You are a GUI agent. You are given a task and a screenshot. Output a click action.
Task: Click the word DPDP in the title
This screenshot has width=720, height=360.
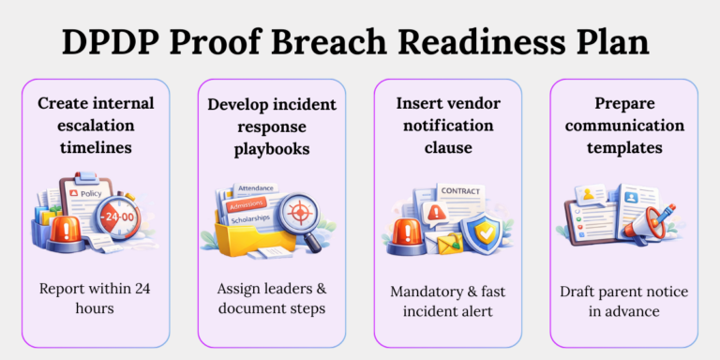pyautogui.click(x=112, y=42)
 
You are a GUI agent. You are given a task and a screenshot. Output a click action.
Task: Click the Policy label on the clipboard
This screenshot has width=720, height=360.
pyautogui.click(x=91, y=193)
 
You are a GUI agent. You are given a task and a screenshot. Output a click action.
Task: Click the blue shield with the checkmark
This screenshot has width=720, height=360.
pyautogui.click(x=487, y=232)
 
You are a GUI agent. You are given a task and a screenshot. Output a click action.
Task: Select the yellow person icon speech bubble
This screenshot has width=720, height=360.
pyautogui.click(x=592, y=195)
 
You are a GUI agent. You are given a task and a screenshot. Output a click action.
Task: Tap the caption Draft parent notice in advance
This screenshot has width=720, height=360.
pyautogui.click(x=622, y=301)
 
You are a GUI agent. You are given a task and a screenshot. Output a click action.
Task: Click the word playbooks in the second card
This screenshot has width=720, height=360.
pyautogui.click(x=271, y=148)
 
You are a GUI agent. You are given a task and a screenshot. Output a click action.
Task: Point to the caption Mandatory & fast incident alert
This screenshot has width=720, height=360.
pyautogui.click(x=447, y=301)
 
